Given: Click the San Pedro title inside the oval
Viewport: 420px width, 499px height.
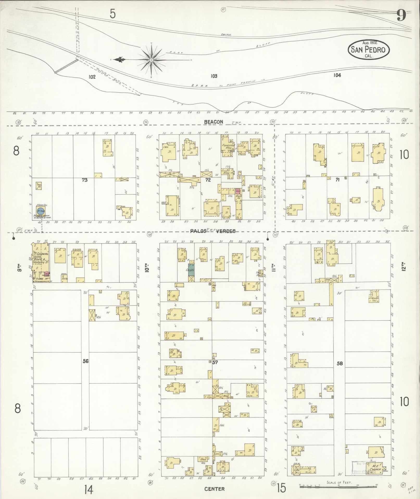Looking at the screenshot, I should pyautogui.click(x=368, y=49).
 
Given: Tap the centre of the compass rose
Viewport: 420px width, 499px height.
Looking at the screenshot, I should pyautogui.click(x=151, y=60).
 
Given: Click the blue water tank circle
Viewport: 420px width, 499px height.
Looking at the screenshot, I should pyautogui.click(x=40, y=211).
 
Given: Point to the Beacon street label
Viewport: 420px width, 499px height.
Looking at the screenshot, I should pyautogui.click(x=214, y=122).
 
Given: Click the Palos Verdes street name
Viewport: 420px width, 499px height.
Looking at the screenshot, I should pyautogui.click(x=213, y=231).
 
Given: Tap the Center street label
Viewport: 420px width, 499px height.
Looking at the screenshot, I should pyautogui.click(x=215, y=489).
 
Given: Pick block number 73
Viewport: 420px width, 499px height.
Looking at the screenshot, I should pyautogui.click(x=84, y=180).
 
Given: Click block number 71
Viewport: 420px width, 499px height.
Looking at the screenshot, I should pyautogui.click(x=338, y=179).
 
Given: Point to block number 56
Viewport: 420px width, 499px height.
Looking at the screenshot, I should pyautogui.click(x=85, y=361).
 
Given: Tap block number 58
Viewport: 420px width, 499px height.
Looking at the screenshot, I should pyautogui.click(x=340, y=363).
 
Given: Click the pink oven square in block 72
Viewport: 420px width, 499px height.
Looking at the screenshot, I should pyautogui.click(x=238, y=191).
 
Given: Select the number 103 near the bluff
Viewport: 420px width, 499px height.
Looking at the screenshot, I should pyautogui.click(x=214, y=76).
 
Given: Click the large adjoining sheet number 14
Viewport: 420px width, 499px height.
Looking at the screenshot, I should pyautogui.click(x=89, y=490).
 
